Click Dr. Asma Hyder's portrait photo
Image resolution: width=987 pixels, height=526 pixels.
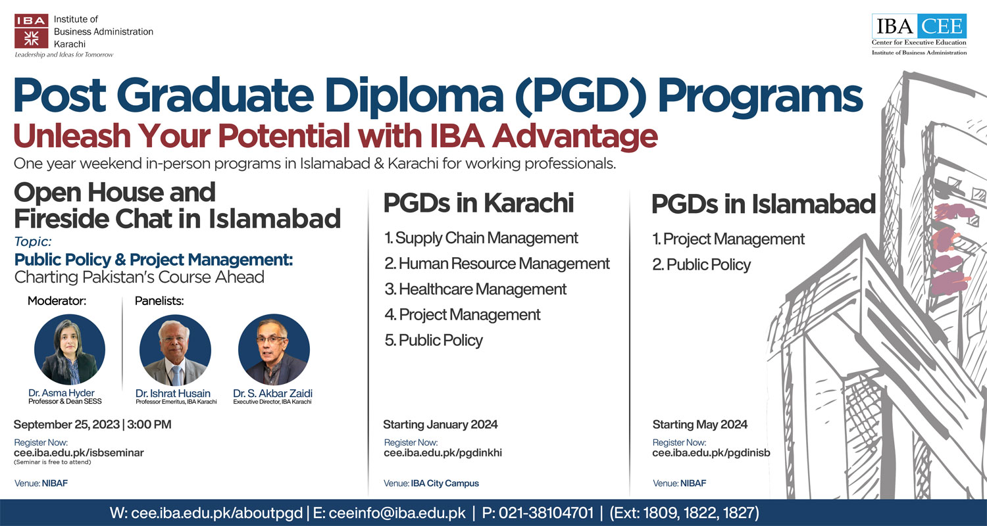[x=70, y=349]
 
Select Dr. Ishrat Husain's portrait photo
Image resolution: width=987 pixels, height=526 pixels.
[x=176, y=349]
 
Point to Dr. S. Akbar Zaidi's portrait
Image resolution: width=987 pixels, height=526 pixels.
[x=274, y=349]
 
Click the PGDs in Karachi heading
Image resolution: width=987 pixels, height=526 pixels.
[x=479, y=203]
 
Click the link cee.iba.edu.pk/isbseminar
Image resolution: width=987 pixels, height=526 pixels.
[x=79, y=452]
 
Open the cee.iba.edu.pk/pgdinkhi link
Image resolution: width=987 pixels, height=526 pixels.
[x=443, y=452]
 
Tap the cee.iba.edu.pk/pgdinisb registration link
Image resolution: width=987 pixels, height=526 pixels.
[x=711, y=452]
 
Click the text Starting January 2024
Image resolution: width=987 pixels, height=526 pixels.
[x=440, y=424]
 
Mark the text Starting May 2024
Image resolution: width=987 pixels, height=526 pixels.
[x=699, y=424]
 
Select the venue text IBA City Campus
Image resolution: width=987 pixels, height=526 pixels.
[x=445, y=483]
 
